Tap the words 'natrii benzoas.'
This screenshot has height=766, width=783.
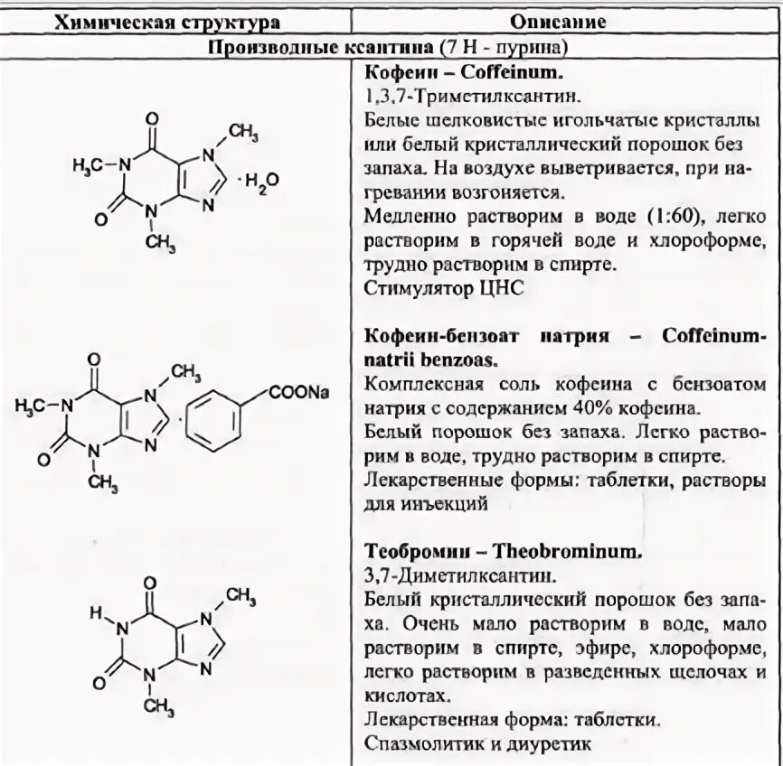click(429, 359)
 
